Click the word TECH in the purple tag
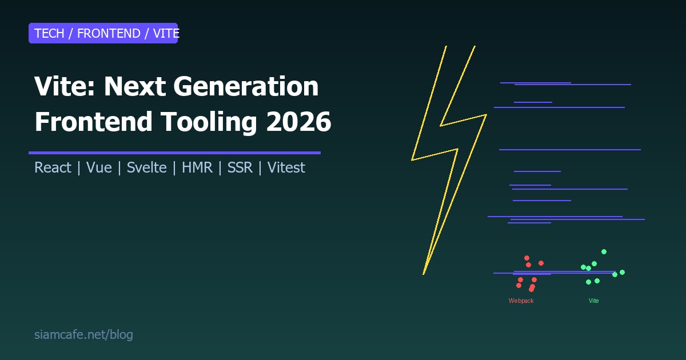(49, 33)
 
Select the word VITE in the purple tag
(166, 33)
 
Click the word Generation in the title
(245, 86)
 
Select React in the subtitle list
(53, 168)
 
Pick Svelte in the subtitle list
(146, 168)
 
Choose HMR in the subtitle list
(197, 168)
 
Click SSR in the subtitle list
(240, 168)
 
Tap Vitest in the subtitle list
(286, 168)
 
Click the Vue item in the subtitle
(99, 168)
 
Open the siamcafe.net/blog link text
(83, 335)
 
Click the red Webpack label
(521, 301)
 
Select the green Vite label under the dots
(593, 301)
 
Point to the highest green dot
(604, 251)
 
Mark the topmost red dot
(527, 258)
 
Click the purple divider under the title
(174, 153)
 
